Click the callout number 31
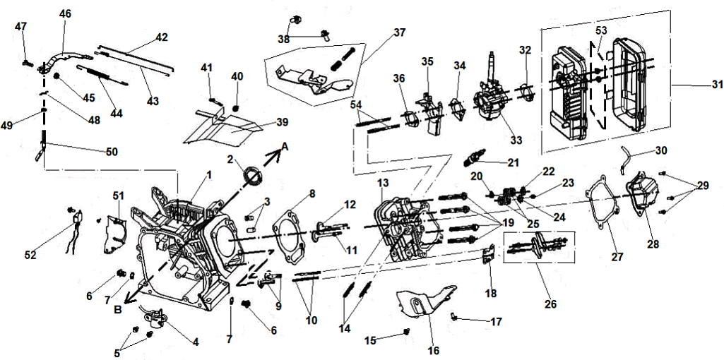click(716, 85)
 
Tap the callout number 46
click(66, 13)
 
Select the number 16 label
click(433, 350)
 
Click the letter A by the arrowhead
click(285, 145)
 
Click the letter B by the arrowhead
click(119, 308)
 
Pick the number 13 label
click(383, 184)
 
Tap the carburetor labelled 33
click(487, 103)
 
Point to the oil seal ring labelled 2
click(251, 175)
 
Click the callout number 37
click(400, 32)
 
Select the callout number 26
click(550, 304)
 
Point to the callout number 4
click(196, 342)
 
